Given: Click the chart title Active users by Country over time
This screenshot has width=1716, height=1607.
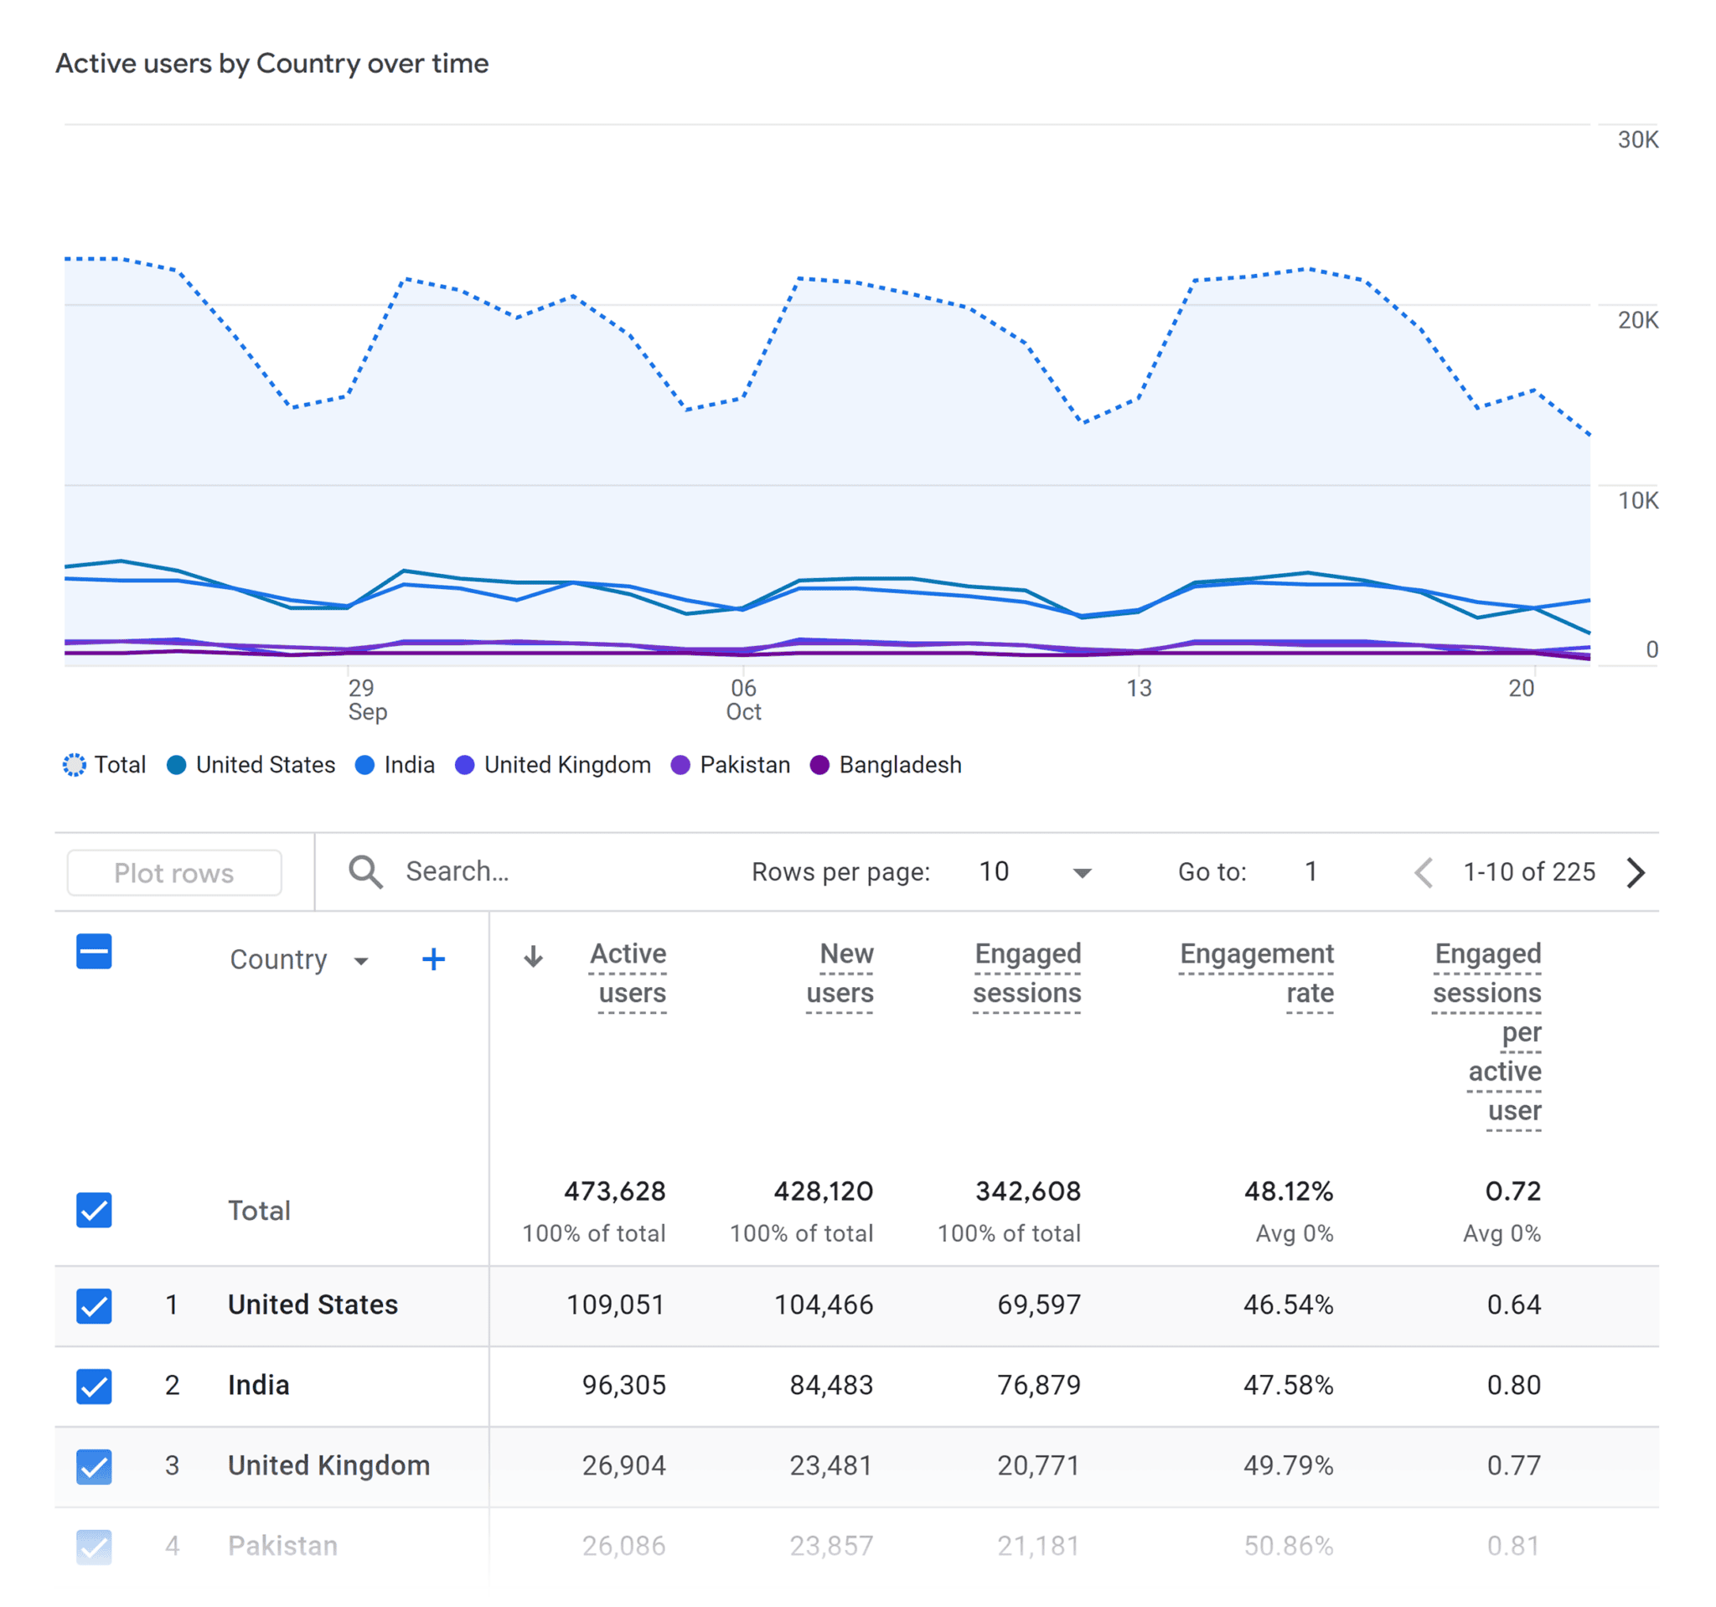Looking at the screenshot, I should coord(272,64).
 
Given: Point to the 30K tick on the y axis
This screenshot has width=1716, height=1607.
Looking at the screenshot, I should coord(1636,140).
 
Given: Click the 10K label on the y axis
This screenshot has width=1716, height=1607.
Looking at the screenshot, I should coord(1636,500).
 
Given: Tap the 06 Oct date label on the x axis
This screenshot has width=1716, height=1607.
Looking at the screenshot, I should coord(743,699).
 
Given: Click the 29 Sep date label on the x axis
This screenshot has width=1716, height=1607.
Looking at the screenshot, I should coord(367,699).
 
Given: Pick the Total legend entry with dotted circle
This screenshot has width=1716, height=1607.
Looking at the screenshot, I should coord(105,765).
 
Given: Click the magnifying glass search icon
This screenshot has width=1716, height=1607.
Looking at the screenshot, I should coord(365,871).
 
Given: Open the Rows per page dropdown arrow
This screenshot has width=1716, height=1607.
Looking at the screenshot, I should coord(1082,872).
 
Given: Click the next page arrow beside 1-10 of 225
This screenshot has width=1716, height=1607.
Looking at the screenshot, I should coord(1635,871).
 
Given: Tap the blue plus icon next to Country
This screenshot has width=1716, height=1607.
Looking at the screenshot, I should coord(433,959).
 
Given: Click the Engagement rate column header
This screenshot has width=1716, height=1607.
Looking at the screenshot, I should coord(1256,973).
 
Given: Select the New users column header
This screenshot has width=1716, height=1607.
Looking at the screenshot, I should coord(840,973).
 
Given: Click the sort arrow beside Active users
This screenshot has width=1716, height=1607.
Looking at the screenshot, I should coord(534,955).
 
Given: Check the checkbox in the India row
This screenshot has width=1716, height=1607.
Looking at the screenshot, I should coord(94,1385).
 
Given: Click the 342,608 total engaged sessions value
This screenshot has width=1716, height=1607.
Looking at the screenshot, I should coord(1027,1191).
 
